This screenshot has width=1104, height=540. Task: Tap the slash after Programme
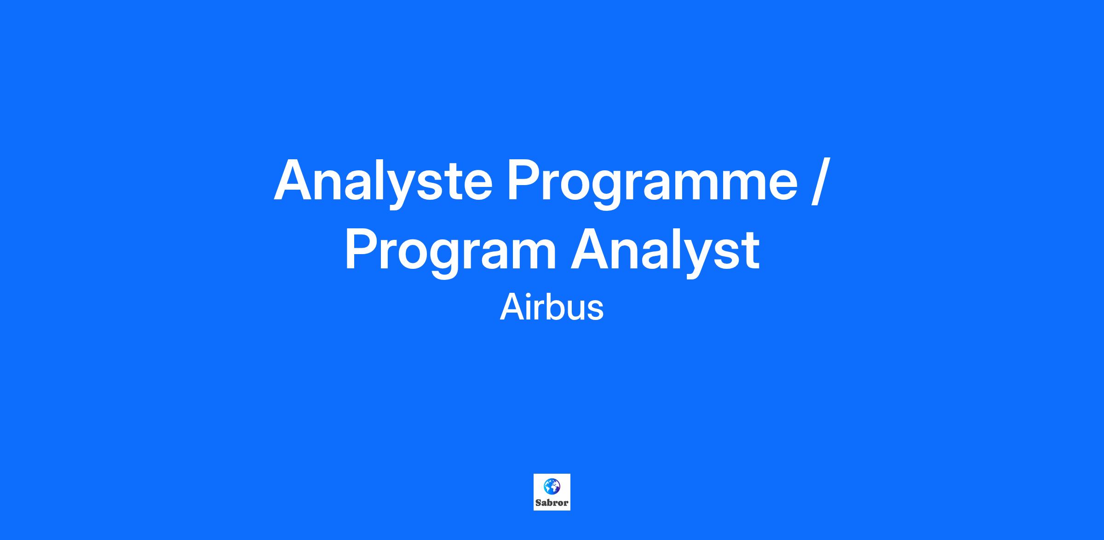[x=821, y=181]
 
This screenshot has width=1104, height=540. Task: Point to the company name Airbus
[x=552, y=308]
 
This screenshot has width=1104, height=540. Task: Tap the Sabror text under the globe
[x=552, y=503]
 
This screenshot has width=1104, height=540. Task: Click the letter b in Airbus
[x=551, y=307]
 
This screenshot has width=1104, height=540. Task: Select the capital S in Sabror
[x=538, y=503]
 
